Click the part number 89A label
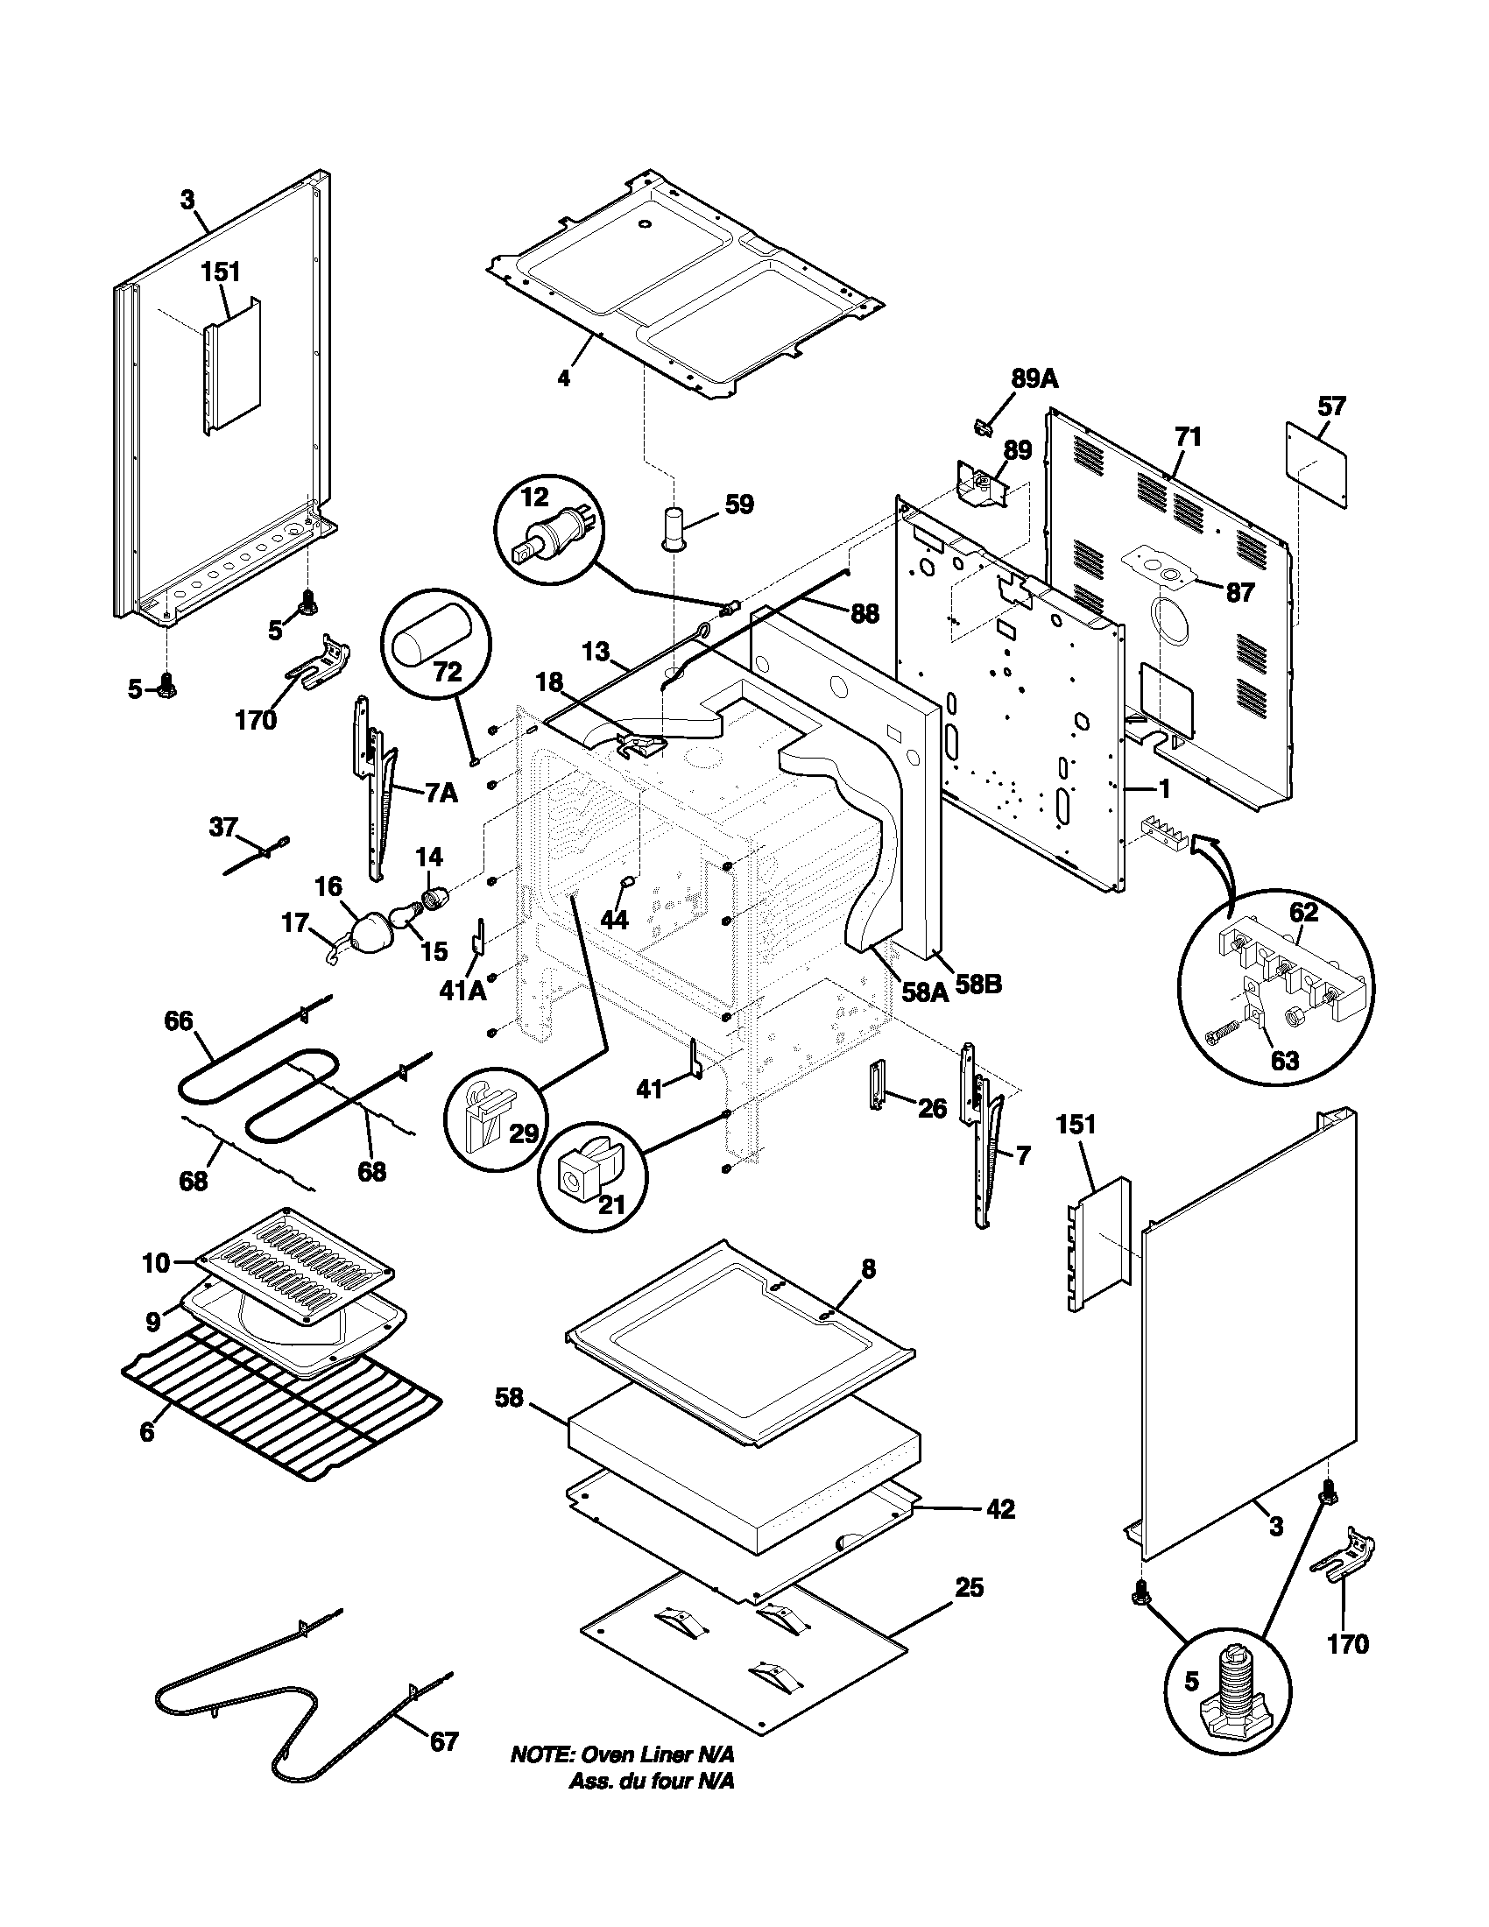(1034, 379)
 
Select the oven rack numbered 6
(282, 1403)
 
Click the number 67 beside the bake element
(444, 1741)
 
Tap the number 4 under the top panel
(564, 379)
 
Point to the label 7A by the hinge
(441, 794)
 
